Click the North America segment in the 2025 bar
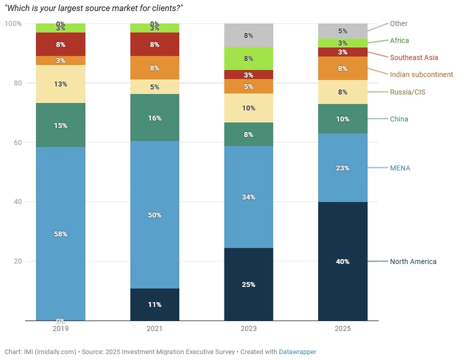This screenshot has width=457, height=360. (342, 261)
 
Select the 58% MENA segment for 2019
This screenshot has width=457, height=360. (61, 234)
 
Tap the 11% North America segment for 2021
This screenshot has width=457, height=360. (154, 305)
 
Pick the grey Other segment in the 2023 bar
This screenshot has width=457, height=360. (248, 35)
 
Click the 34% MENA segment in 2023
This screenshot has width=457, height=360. (248, 197)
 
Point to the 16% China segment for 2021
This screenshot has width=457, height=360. (154, 118)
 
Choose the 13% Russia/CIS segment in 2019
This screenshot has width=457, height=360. (61, 84)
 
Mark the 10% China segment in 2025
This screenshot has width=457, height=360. (342, 119)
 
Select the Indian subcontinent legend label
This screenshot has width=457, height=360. (421, 75)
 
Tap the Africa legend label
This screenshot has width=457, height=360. (399, 41)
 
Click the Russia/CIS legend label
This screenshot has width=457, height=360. (407, 92)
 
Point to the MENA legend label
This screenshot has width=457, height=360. (400, 168)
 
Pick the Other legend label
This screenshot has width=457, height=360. (399, 23)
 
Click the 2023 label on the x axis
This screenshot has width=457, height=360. (248, 329)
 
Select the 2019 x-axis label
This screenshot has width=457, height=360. (61, 329)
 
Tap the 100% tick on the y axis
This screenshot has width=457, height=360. (13, 23)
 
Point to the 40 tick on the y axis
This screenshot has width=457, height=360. (18, 202)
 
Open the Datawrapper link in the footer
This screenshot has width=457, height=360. (297, 352)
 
